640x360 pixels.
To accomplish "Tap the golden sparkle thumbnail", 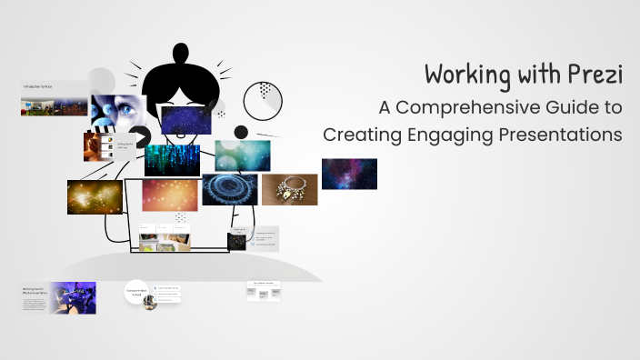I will [x=95, y=196].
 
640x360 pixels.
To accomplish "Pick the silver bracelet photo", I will [x=289, y=189].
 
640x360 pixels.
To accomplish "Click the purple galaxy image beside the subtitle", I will [x=349, y=174].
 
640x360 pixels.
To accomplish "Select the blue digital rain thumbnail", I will [x=172, y=159].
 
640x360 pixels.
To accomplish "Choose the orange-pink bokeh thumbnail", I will [x=169, y=194].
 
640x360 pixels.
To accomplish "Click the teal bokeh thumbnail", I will [x=242, y=155].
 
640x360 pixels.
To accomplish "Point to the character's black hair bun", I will [x=188, y=58].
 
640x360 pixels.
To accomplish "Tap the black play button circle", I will [x=140, y=137].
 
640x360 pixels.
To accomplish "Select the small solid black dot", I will [x=241, y=133].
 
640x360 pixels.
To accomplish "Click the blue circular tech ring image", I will [x=229, y=189].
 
